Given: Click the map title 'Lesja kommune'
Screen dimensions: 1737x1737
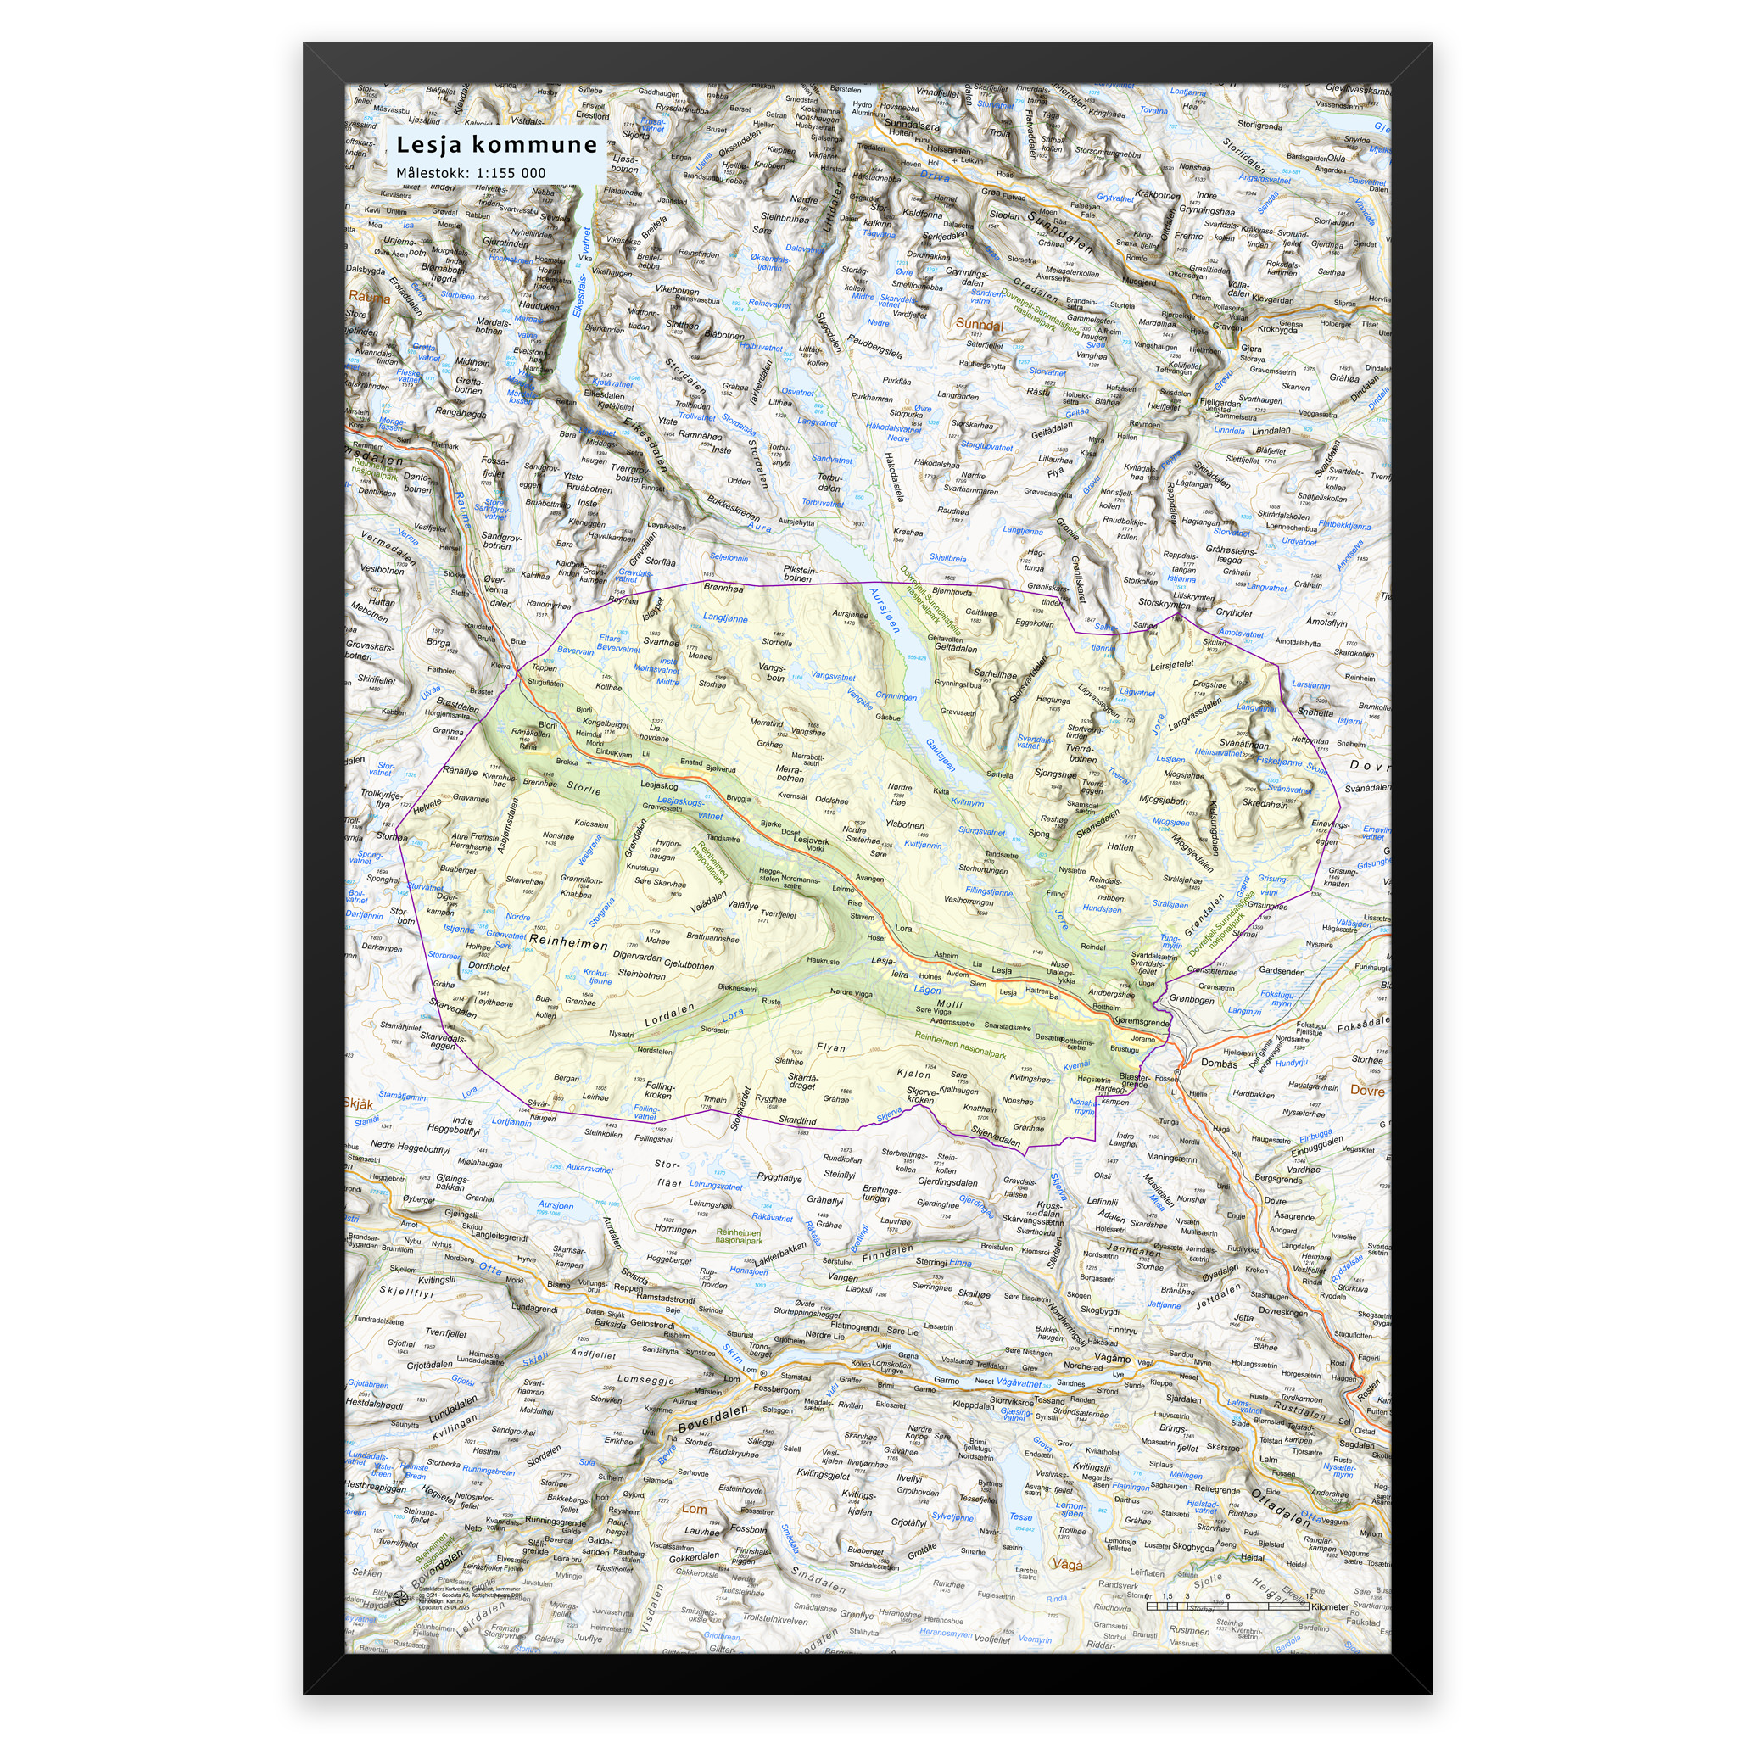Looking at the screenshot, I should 496,145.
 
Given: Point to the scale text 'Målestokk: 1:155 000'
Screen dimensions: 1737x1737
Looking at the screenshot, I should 471,174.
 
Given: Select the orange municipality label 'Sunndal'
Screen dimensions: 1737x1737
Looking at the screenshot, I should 978,324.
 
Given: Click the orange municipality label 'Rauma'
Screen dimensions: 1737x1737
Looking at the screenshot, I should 370,297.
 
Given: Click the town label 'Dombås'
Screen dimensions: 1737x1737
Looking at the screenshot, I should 1219,1063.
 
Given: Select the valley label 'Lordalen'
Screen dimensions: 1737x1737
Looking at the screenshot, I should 670,1015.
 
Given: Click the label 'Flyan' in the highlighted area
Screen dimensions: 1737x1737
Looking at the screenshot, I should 830,1047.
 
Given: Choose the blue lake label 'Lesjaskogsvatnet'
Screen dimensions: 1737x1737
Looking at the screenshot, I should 690,807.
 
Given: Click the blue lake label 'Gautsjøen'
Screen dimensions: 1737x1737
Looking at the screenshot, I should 941,755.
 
